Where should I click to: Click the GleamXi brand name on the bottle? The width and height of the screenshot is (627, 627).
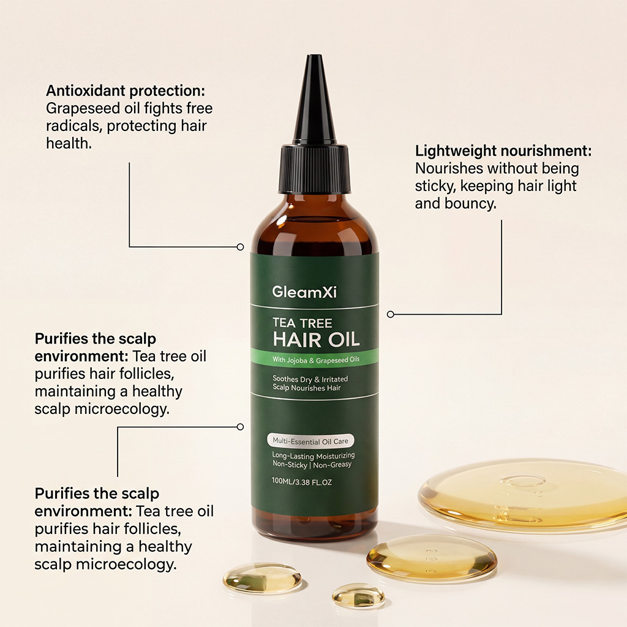[304, 292]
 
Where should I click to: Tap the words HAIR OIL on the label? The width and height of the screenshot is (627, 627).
[316, 339]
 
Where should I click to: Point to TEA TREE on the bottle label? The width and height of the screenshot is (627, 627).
[302, 323]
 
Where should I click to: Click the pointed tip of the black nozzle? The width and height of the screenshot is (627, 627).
[314, 56]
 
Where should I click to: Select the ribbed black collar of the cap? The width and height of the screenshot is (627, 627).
[314, 168]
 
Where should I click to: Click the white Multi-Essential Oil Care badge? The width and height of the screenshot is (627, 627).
[310, 441]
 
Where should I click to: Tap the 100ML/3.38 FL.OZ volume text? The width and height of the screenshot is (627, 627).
[301, 481]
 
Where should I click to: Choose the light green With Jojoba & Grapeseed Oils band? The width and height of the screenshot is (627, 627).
[314, 359]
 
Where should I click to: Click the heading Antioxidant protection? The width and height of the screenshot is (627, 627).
[125, 91]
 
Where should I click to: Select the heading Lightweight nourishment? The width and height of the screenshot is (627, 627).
[503, 151]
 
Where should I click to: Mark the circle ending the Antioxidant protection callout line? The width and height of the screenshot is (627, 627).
[240, 247]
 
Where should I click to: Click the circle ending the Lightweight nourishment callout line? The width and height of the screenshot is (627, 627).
[391, 314]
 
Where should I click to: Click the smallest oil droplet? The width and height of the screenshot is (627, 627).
[358, 595]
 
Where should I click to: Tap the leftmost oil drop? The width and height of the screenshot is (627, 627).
[262, 577]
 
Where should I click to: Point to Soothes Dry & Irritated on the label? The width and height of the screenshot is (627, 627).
[310, 378]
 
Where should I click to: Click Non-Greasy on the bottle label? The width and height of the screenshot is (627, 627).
[332, 465]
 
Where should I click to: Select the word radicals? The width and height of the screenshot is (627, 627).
[74, 126]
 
